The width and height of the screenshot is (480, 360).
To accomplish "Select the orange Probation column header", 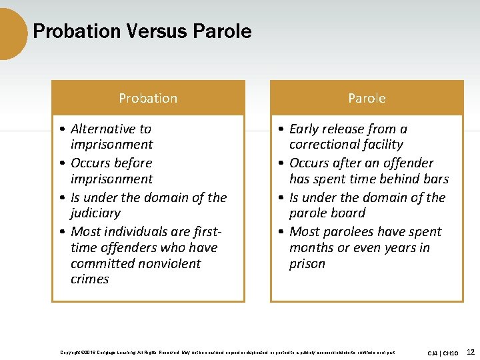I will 148,98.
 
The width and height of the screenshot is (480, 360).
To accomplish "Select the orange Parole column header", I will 367,98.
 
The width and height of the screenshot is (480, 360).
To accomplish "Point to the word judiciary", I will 95,213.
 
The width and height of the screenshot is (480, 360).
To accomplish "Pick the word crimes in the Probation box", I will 89,279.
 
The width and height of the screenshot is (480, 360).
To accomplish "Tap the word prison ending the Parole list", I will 307,264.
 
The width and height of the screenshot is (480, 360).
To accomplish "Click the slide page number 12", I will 471,351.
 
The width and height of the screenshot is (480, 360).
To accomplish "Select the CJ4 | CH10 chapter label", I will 443,353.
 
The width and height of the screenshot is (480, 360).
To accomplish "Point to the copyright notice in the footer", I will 227,352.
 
